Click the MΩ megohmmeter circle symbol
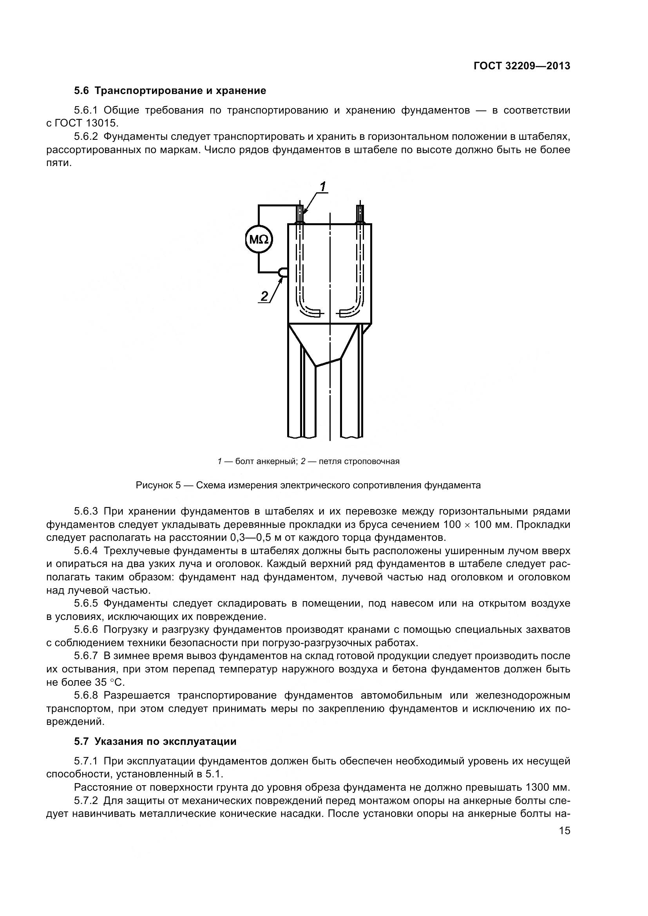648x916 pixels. point(259,240)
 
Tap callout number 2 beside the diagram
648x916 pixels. point(264,296)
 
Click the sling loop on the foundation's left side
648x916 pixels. point(283,272)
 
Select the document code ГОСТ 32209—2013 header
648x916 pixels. point(521,66)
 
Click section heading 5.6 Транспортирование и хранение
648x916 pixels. point(170,90)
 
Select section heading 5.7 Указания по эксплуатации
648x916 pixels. point(155,741)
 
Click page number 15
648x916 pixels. point(564,831)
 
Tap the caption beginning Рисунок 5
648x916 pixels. point(308,485)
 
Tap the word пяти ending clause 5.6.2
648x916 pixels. point(59,163)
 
